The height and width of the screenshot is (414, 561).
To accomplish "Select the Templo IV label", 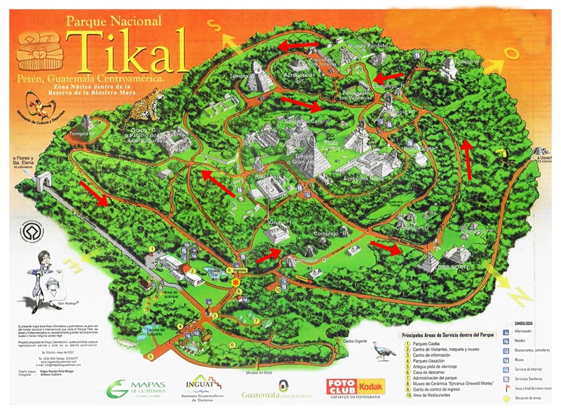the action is click(x=466, y=62).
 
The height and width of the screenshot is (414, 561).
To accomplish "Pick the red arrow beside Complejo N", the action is click(x=385, y=74).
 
